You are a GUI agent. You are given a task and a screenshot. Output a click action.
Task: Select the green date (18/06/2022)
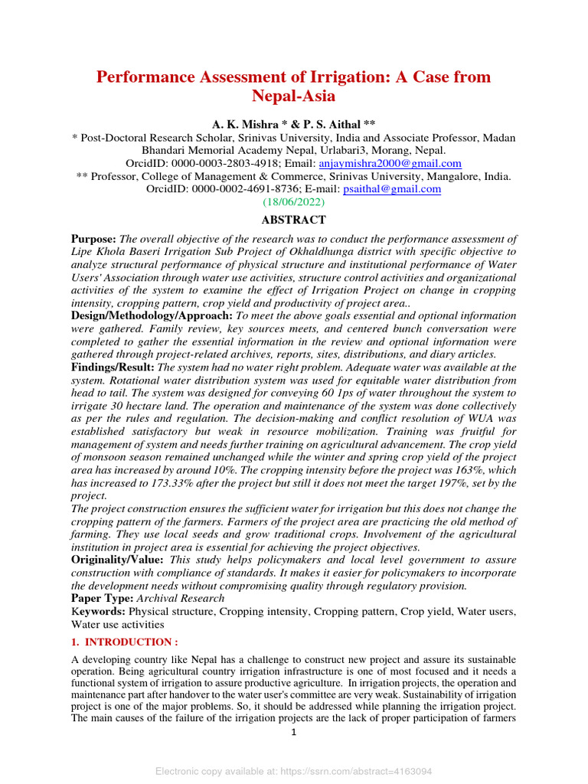coord(294,202)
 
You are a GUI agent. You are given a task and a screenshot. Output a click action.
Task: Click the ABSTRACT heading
coord(294,219)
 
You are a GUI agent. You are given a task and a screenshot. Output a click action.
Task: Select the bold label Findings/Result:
coord(113,367)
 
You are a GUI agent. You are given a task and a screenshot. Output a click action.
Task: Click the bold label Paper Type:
coord(103,598)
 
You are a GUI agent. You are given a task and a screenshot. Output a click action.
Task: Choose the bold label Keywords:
coord(98,612)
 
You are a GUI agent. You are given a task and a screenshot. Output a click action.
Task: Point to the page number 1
coord(293,732)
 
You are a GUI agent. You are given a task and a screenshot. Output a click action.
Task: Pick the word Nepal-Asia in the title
coord(294,96)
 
